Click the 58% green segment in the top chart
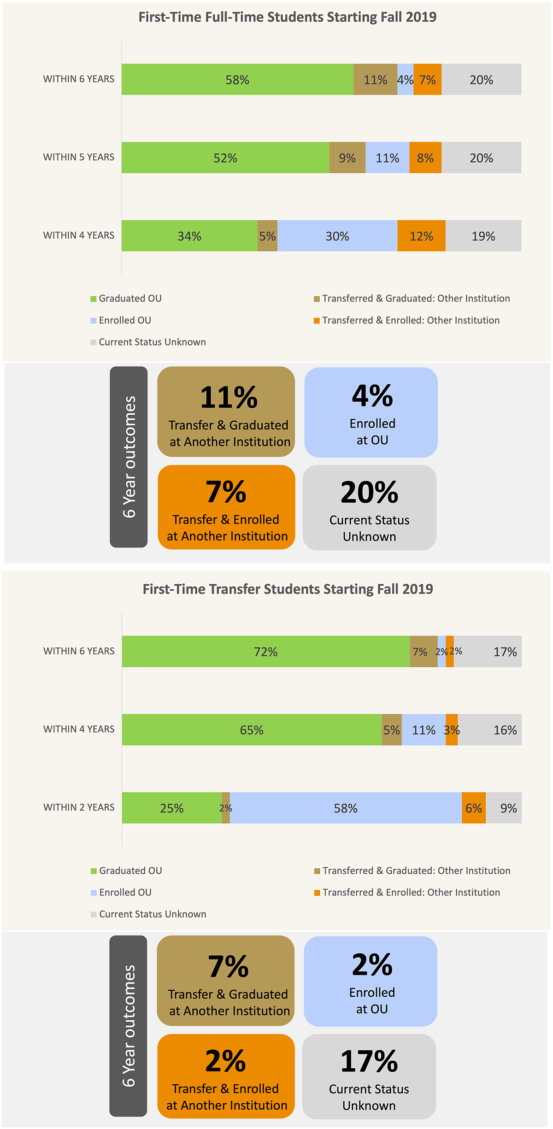(237, 79)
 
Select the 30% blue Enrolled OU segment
(337, 236)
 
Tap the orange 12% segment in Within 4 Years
(421, 236)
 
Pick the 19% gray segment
(483, 236)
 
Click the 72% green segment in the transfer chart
(265, 652)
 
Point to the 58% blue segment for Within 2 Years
(346, 808)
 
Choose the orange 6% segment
(473, 808)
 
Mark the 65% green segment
(252, 730)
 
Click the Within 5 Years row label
(79, 157)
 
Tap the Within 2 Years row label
(79, 807)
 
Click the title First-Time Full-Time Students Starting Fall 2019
(287, 17)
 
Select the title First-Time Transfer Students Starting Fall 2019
(288, 589)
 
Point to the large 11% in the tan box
(229, 397)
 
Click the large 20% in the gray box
(370, 492)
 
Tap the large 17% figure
(369, 1061)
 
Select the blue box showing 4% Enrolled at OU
(371, 412)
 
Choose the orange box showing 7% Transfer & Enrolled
(226, 507)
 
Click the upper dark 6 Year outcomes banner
(129, 457)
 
